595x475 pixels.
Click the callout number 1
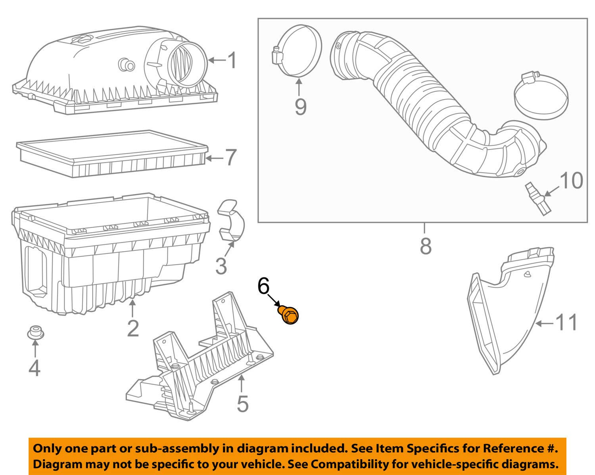(x=232, y=61)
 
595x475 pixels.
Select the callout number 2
(x=133, y=328)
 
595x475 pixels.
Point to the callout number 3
(x=221, y=266)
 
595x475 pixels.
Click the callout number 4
(x=35, y=368)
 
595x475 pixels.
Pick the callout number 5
(x=242, y=404)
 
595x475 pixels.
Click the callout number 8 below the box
(x=425, y=246)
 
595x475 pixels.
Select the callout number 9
(x=300, y=106)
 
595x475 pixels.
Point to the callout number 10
(x=571, y=181)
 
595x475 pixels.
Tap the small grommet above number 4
(x=35, y=332)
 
